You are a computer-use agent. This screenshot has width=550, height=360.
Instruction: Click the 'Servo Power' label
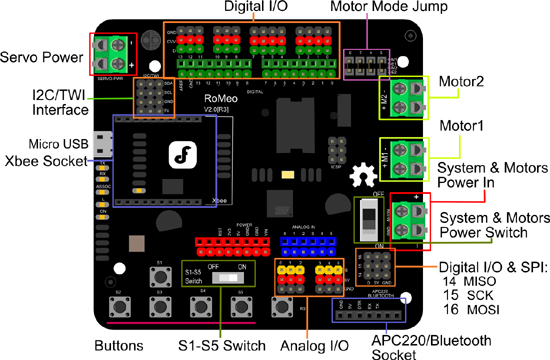click(42, 54)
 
